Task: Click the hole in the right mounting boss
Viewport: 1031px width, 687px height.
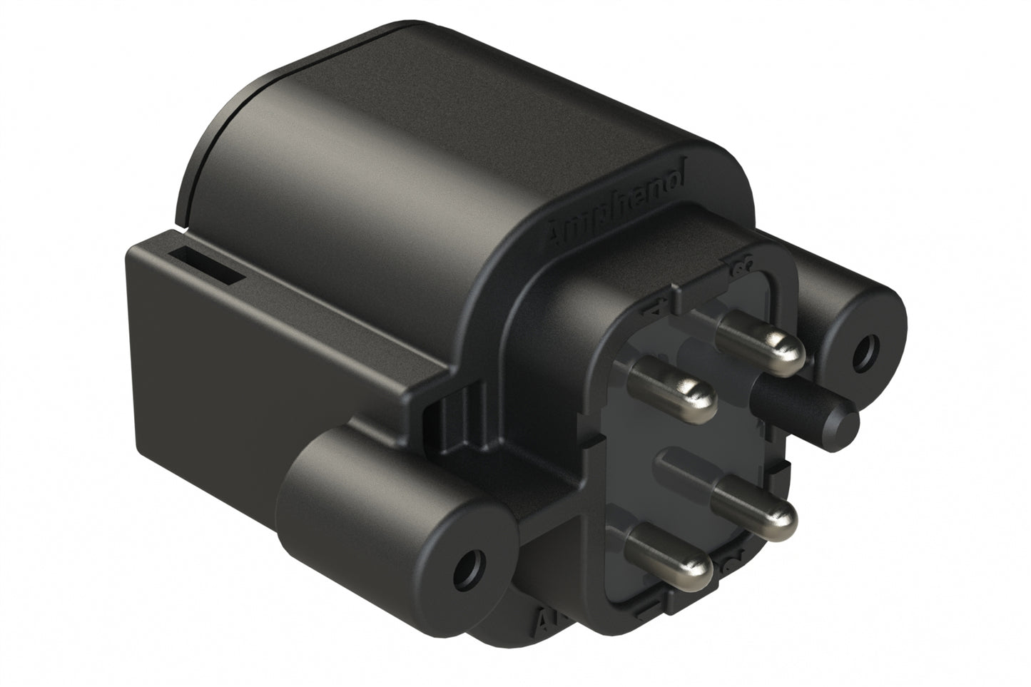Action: [x=868, y=351]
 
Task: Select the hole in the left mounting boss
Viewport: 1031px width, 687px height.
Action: [x=467, y=567]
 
